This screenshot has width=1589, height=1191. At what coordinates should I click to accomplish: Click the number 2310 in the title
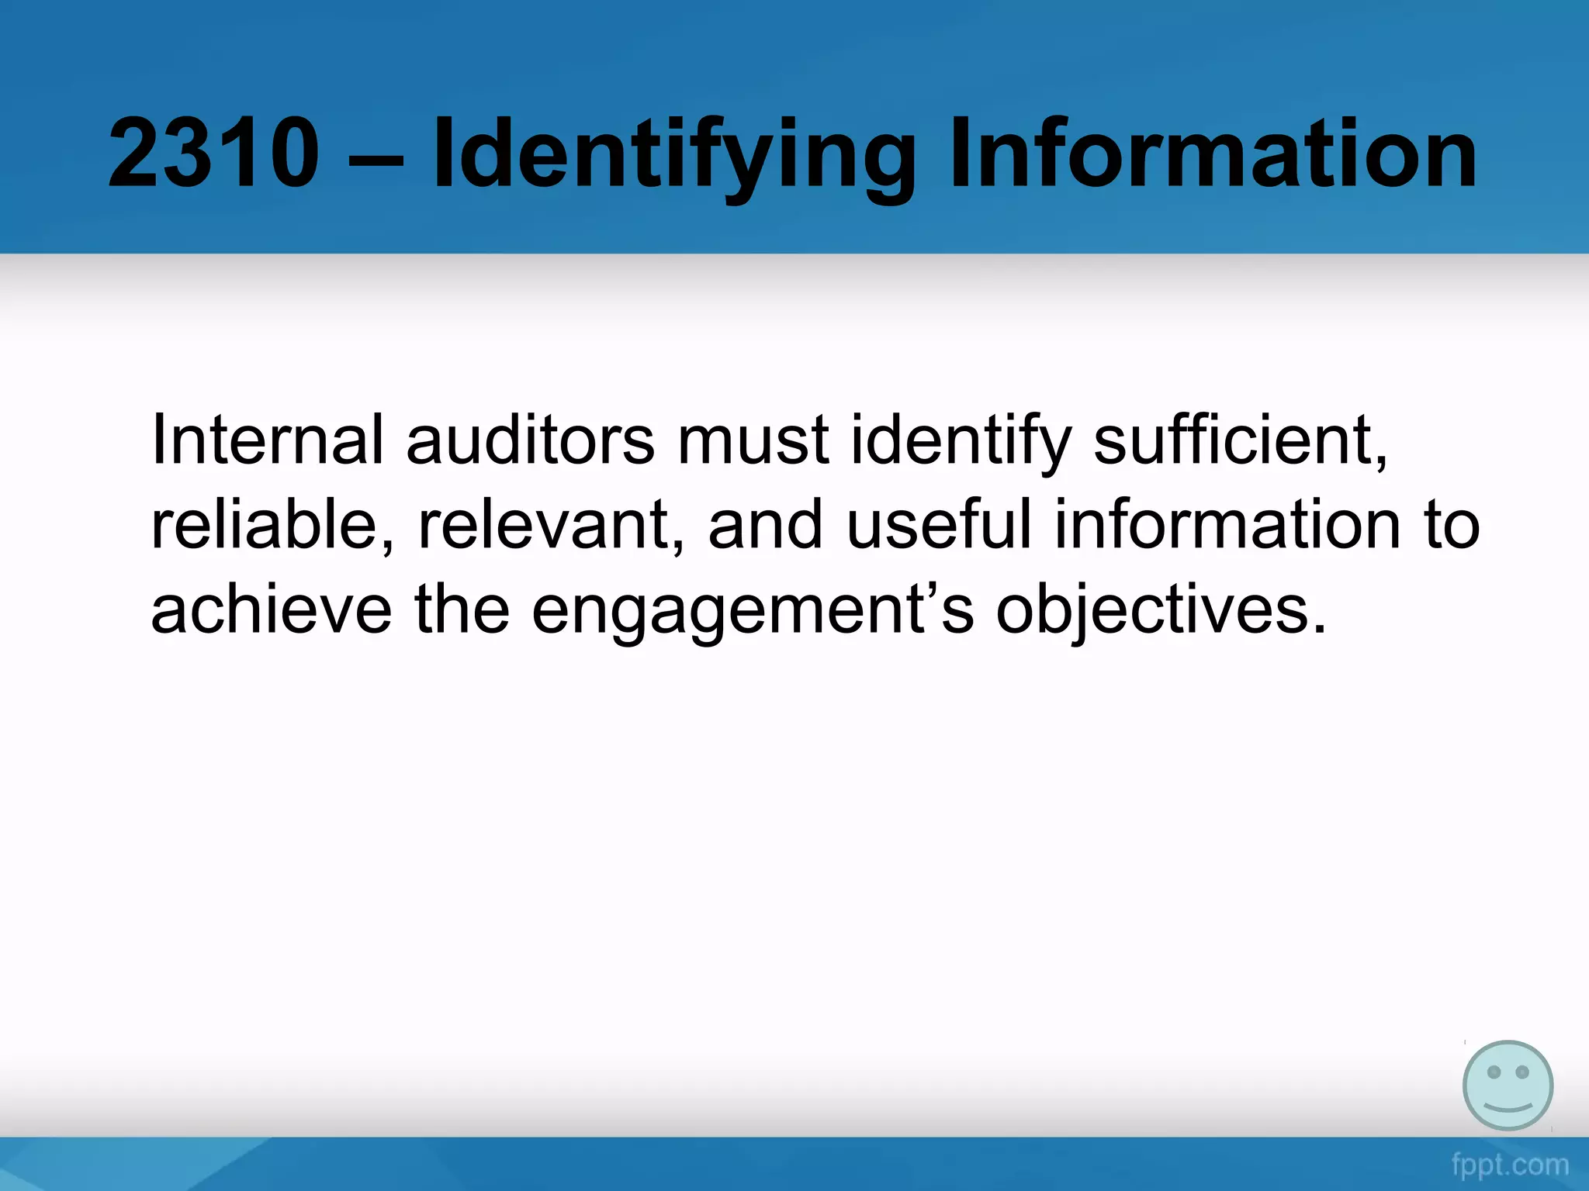[x=213, y=153]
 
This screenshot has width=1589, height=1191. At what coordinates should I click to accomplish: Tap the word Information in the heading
[x=1213, y=153]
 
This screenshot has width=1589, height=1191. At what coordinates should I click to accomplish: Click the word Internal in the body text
[x=267, y=440]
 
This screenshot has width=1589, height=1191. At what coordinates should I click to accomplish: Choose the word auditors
[x=530, y=440]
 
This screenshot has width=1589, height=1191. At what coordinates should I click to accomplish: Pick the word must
[x=753, y=440]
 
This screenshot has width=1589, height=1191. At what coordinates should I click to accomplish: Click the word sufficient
[x=1239, y=440]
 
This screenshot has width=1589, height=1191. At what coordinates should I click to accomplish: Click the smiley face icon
[x=1508, y=1085]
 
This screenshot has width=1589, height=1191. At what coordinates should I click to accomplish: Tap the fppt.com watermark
[x=1510, y=1164]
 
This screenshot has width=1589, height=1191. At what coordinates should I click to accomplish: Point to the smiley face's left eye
[x=1494, y=1072]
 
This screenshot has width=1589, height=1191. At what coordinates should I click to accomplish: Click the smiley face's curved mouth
[x=1508, y=1105]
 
